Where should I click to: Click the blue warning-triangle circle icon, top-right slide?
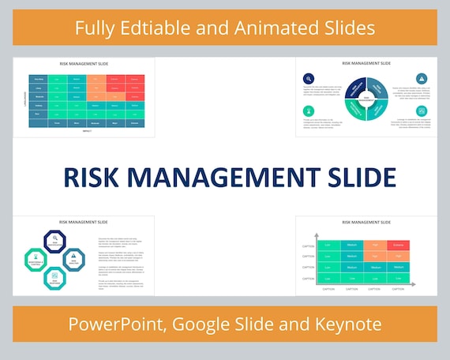click(422, 78)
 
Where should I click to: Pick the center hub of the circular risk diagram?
click(366, 99)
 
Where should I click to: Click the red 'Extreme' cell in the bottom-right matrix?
click(398, 246)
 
